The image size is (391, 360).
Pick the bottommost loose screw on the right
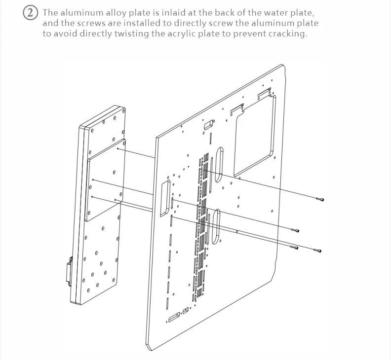point(317,251)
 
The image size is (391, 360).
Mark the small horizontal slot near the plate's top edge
point(209,123)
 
